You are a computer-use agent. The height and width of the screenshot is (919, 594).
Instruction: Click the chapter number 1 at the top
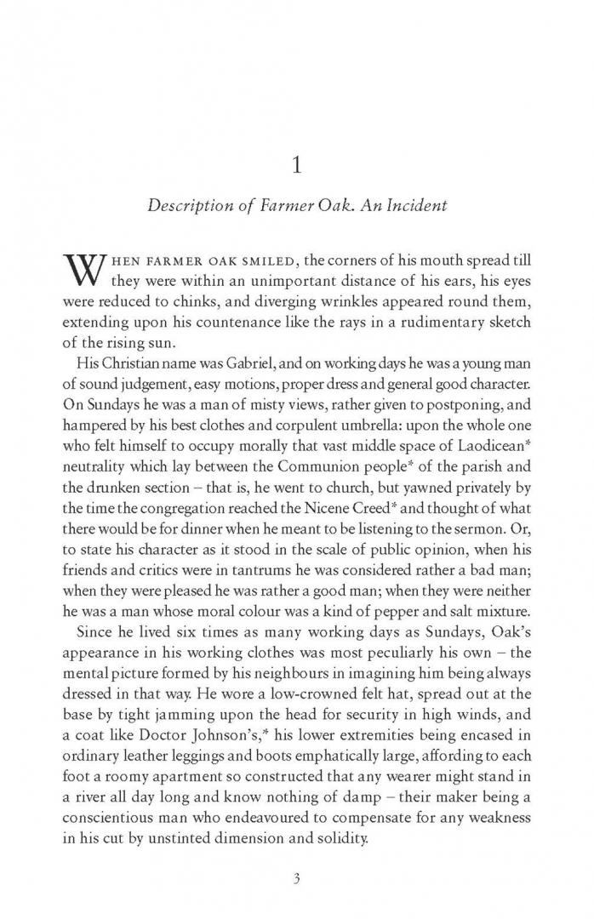296,165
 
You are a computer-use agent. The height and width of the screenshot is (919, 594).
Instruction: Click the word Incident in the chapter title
416,207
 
